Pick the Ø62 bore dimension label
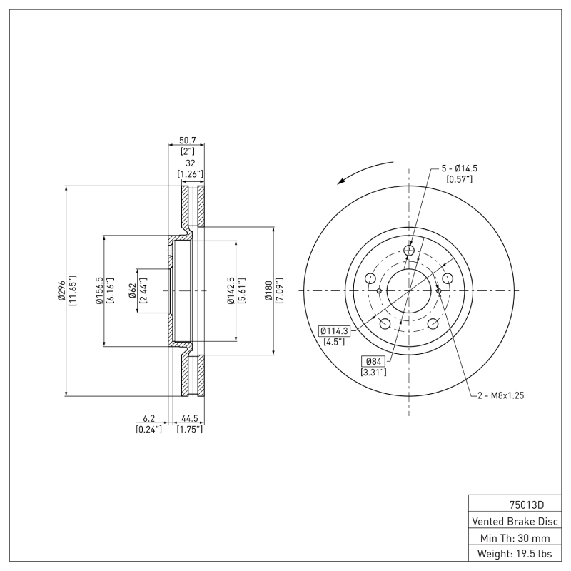(133, 290)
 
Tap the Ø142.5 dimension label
(231, 290)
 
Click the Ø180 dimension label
(269, 290)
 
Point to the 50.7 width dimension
(186, 141)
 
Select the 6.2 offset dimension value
(148, 419)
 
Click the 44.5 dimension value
(190, 419)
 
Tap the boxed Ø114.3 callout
(334, 330)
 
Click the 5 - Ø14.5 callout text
(459, 168)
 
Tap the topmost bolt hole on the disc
(409, 250)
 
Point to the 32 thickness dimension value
(190, 163)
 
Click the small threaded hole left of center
(378, 290)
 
